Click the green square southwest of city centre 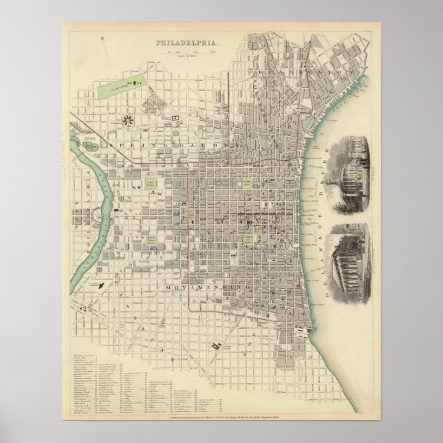coord(151,239)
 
